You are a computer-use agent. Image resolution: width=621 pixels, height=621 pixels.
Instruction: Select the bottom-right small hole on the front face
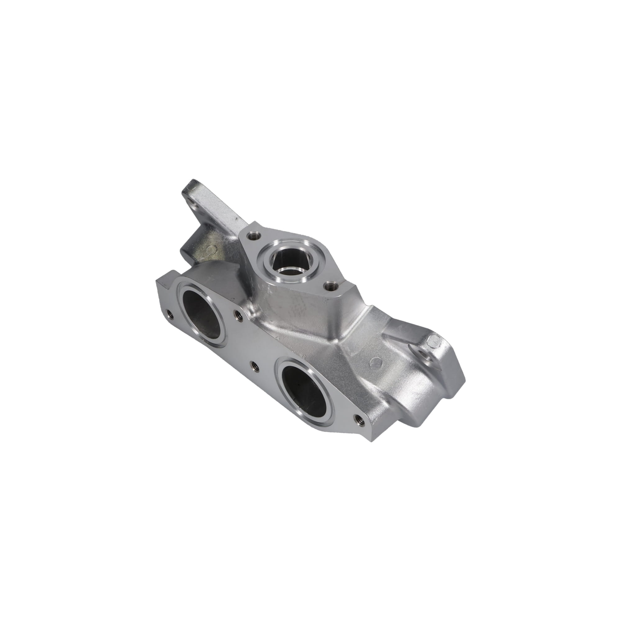point(359,419)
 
